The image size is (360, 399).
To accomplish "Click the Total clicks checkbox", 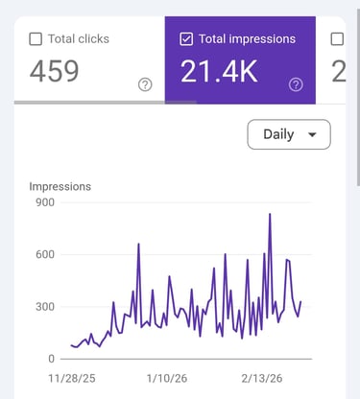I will [x=36, y=39].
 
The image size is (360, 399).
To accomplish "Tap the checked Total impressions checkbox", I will [x=186, y=39].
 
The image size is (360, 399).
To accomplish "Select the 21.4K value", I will [x=219, y=71].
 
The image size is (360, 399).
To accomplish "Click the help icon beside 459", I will [x=145, y=84].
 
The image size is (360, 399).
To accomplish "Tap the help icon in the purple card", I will [x=296, y=84].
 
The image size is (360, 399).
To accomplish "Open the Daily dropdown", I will [x=288, y=134].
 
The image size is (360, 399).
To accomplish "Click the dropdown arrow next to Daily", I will [x=312, y=135].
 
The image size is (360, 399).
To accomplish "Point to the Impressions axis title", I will [x=61, y=186].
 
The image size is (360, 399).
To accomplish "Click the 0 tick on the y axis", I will [x=50, y=359].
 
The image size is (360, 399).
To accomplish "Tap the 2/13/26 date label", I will [x=264, y=380].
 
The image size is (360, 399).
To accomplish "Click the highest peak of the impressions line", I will [x=270, y=214].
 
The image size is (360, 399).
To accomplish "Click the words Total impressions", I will [x=248, y=39].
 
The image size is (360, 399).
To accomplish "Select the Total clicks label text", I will [x=80, y=39].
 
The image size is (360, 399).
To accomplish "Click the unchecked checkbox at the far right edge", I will [x=337, y=39].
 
